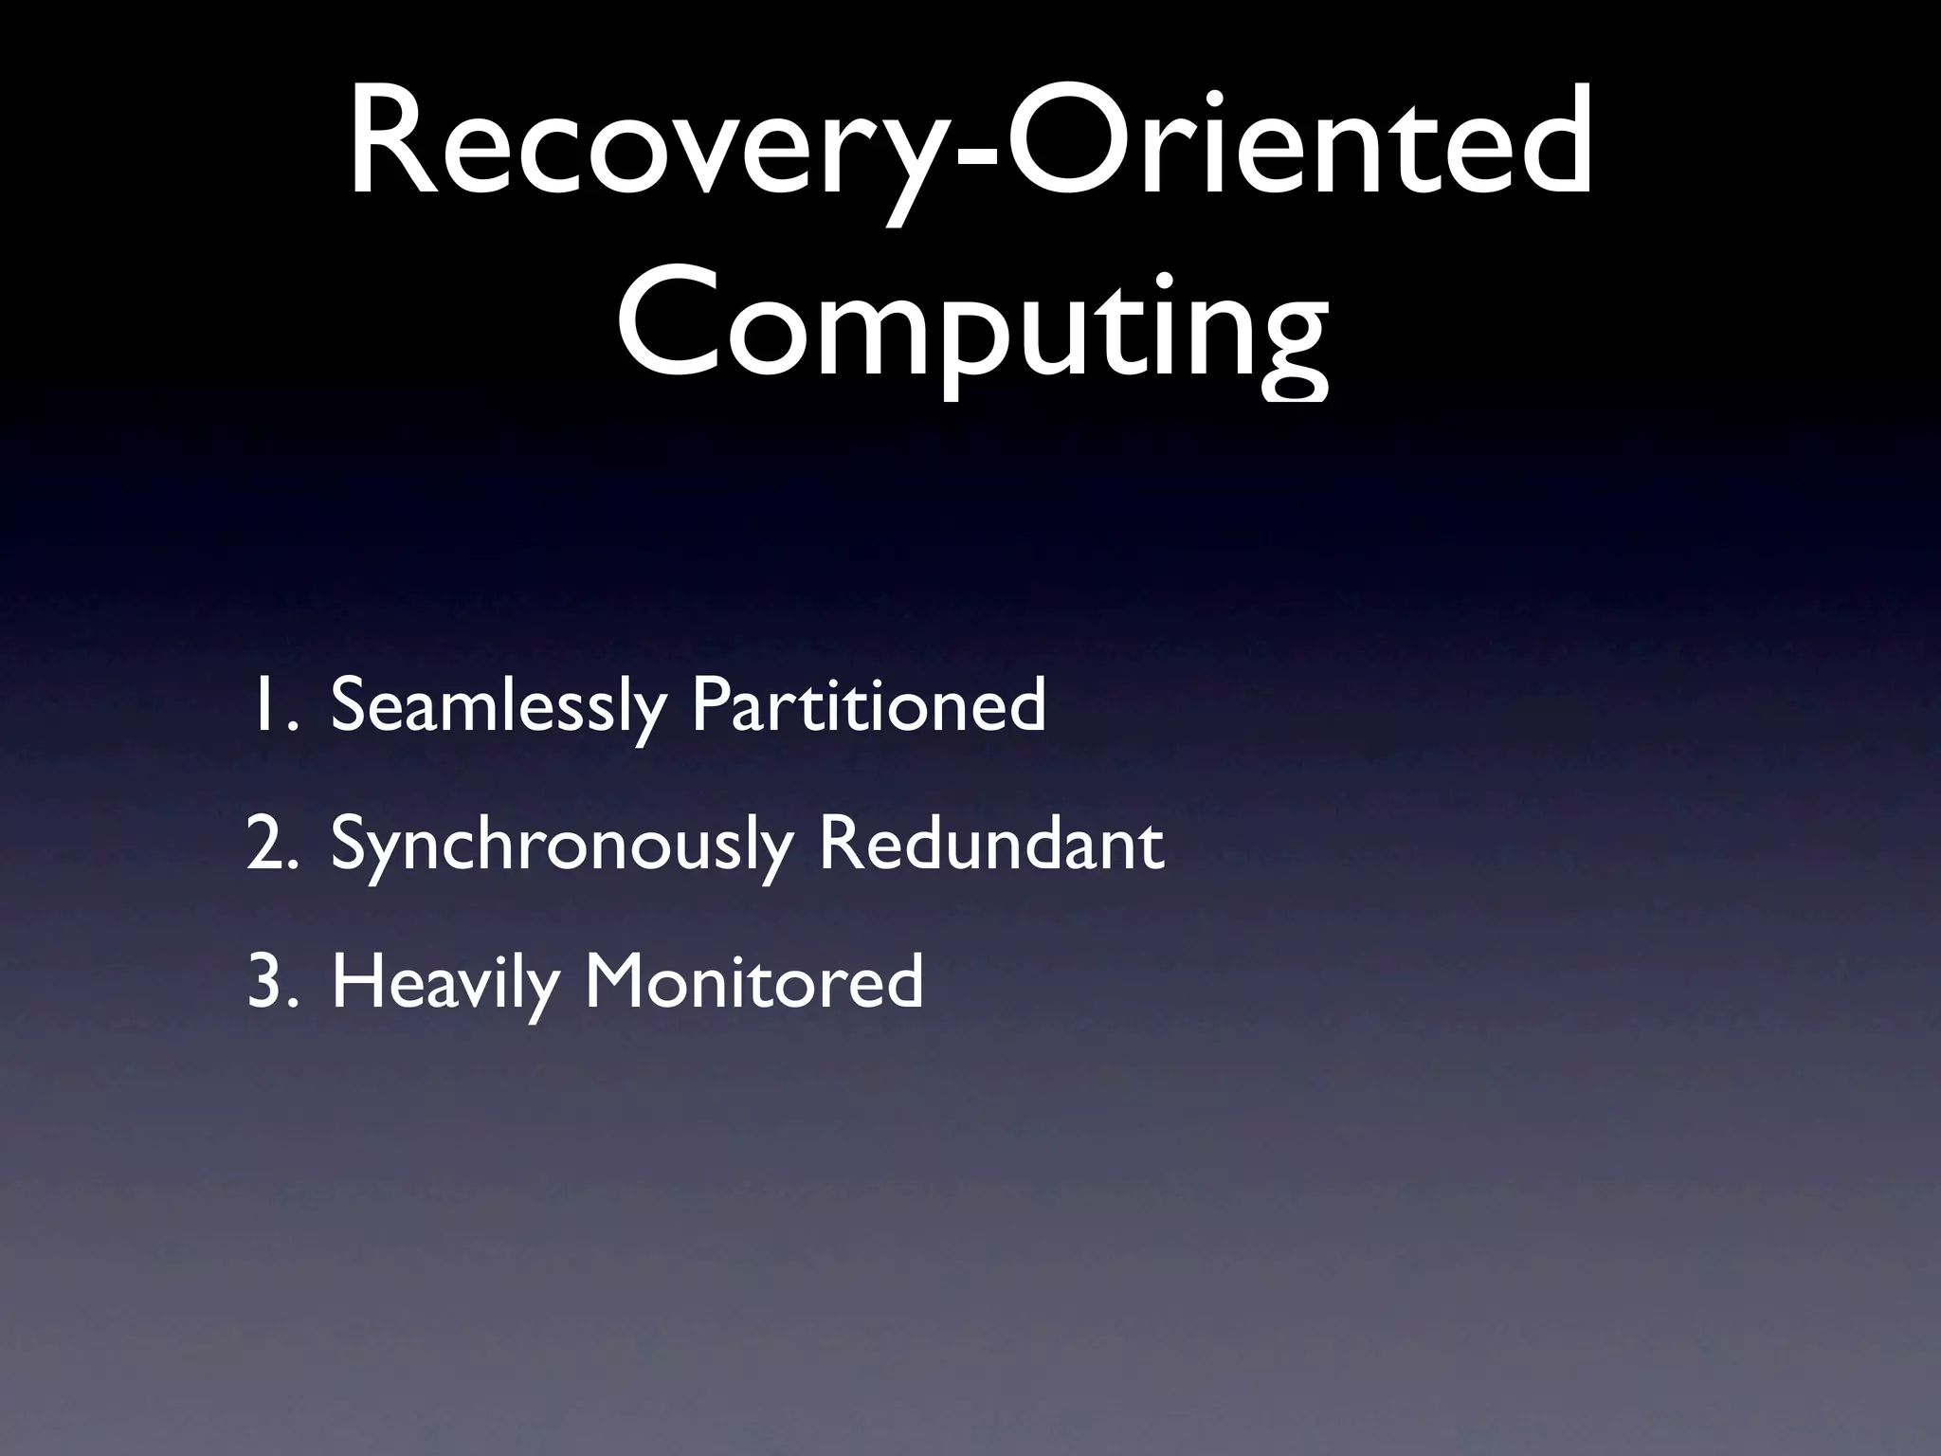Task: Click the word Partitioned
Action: pyautogui.click(x=868, y=706)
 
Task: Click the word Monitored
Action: pyautogui.click(x=753, y=983)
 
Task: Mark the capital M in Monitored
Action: pyautogui.click(x=621, y=983)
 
